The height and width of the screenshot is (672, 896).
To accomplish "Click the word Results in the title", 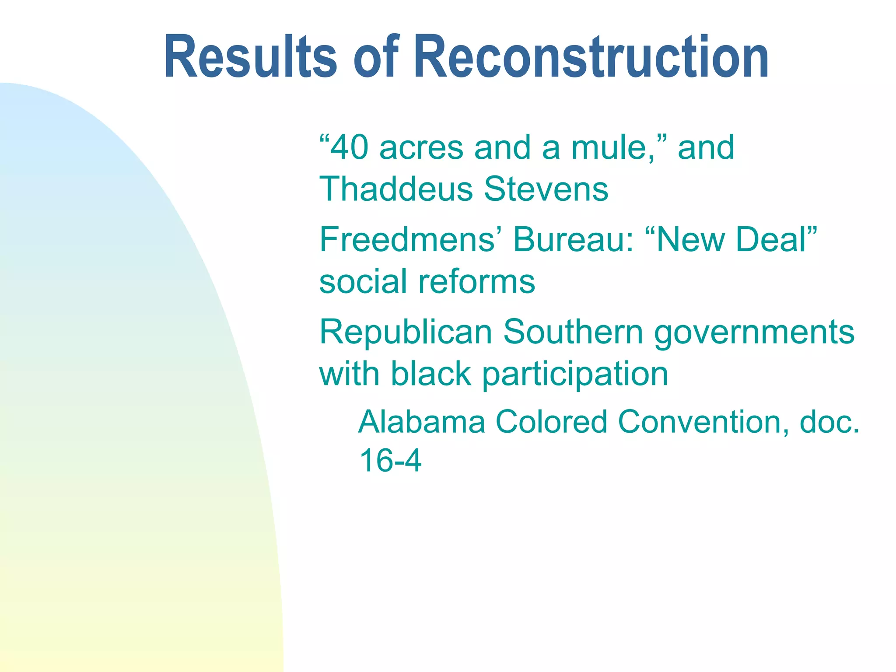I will (250, 57).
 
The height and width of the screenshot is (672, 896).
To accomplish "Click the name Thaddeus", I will (396, 189).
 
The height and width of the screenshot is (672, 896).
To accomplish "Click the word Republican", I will (406, 332).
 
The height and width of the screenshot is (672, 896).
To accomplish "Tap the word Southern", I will (573, 332).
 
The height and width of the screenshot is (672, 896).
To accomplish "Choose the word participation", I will (575, 375).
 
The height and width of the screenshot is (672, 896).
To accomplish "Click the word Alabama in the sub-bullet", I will (422, 422).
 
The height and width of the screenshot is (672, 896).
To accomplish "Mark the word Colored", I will (551, 422).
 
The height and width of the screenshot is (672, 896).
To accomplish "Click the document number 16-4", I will (390, 461).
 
